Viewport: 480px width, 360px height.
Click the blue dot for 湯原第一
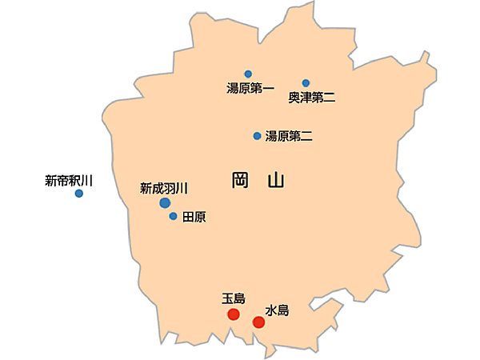(x=248, y=74)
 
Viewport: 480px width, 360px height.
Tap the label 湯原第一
(x=250, y=89)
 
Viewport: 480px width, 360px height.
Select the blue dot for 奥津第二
(x=306, y=83)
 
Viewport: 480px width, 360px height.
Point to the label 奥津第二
(x=312, y=98)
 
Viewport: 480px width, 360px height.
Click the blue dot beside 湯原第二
(x=257, y=136)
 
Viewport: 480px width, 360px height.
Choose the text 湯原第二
(x=289, y=136)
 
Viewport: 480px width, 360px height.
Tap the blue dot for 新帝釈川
(x=79, y=194)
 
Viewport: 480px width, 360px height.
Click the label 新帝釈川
(x=69, y=181)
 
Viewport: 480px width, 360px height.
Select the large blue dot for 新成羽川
(x=165, y=203)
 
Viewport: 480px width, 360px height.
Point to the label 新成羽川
(x=163, y=189)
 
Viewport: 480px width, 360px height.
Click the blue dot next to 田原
(x=173, y=216)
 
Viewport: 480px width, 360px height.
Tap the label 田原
(x=194, y=217)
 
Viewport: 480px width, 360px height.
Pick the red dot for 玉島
(x=234, y=314)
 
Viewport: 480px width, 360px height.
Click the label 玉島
(x=234, y=299)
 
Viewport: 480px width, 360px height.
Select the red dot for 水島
(x=258, y=322)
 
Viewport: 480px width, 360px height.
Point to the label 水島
(x=276, y=309)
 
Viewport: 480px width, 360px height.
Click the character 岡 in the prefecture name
(x=240, y=180)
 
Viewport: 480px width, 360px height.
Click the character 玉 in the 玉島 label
(x=228, y=299)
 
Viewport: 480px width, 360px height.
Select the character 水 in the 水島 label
(x=270, y=309)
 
